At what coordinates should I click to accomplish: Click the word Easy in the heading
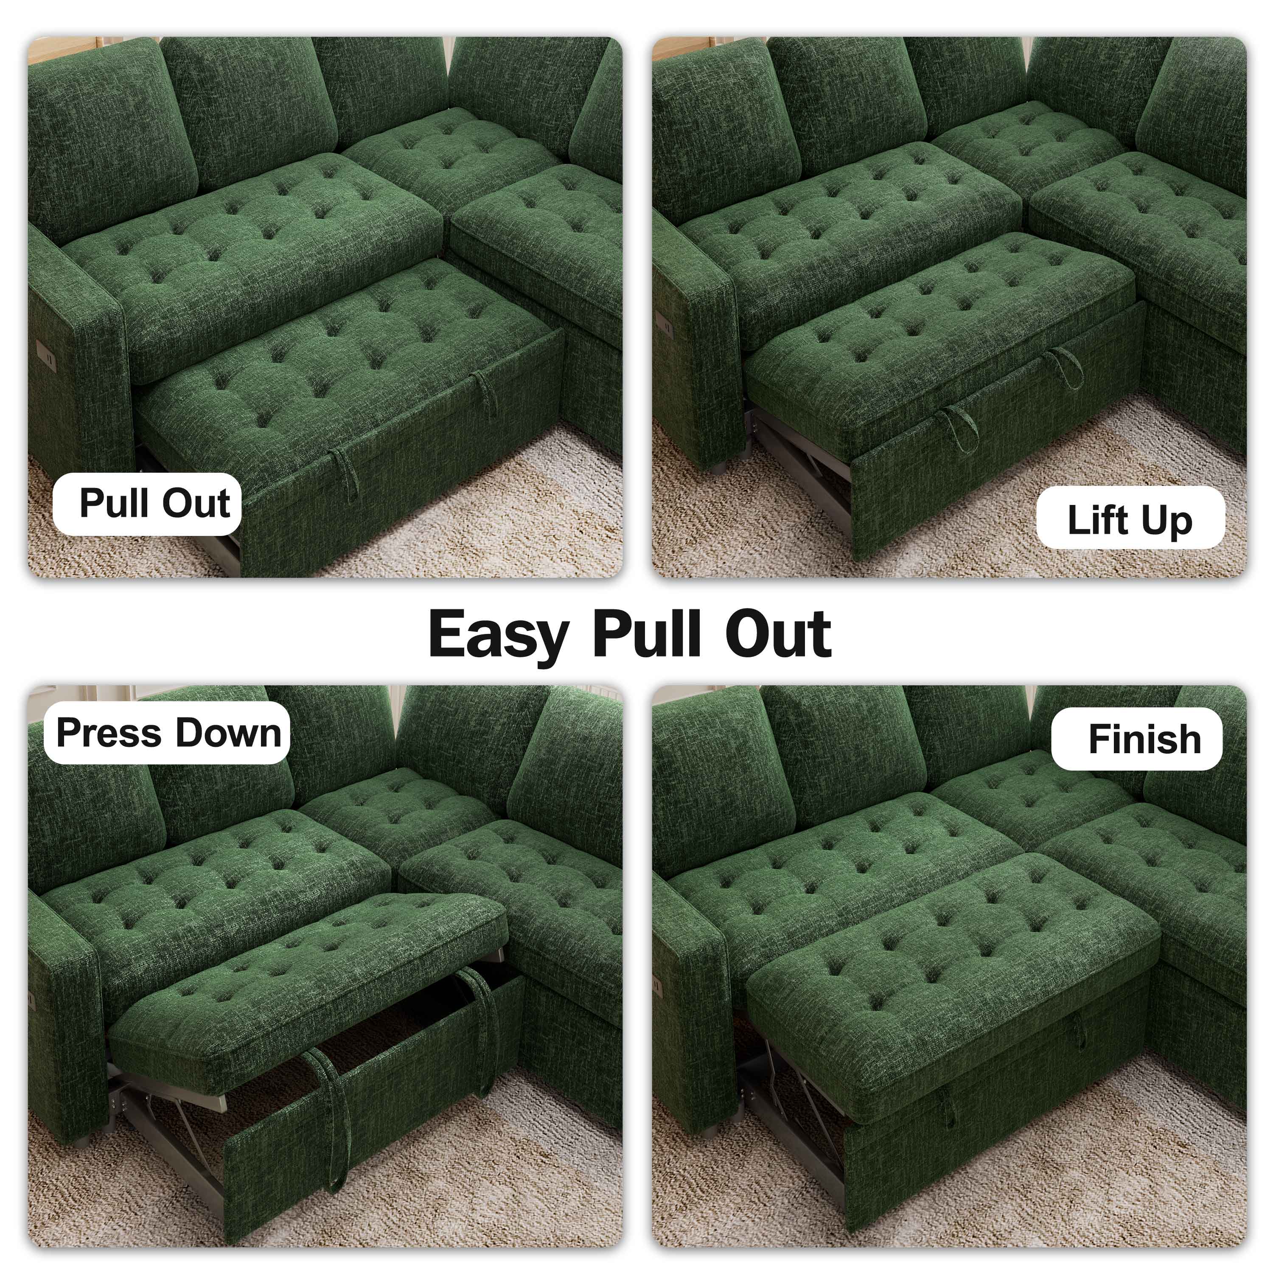(x=498, y=634)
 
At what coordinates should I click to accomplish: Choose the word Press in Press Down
(x=107, y=733)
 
